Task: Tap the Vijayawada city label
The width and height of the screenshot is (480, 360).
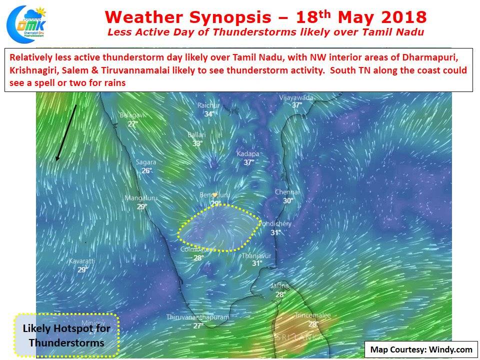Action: pos(296,97)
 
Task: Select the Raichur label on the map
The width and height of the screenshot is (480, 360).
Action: pos(208,105)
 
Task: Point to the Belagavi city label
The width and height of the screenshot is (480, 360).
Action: pos(132,115)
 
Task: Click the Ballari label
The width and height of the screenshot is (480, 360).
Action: pos(196,135)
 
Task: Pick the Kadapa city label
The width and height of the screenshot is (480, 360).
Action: pos(248,154)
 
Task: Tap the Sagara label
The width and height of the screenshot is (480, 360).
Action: pos(146,162)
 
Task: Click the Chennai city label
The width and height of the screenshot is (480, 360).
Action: pos(287,192)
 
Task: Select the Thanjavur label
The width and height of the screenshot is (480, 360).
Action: pos(256,255)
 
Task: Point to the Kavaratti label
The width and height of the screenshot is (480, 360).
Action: pos(81,261)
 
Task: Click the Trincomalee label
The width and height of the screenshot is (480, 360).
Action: pos(312,315)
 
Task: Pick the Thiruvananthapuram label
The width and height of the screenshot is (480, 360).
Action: pos(198,317)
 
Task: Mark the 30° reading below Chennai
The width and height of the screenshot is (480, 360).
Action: pos(288,201)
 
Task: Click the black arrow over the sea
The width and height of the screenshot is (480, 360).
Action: pos(66,132)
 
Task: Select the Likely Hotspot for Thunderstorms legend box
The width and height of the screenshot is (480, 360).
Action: pos(66,335)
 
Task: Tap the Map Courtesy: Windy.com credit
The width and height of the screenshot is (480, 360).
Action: pos(421,349)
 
